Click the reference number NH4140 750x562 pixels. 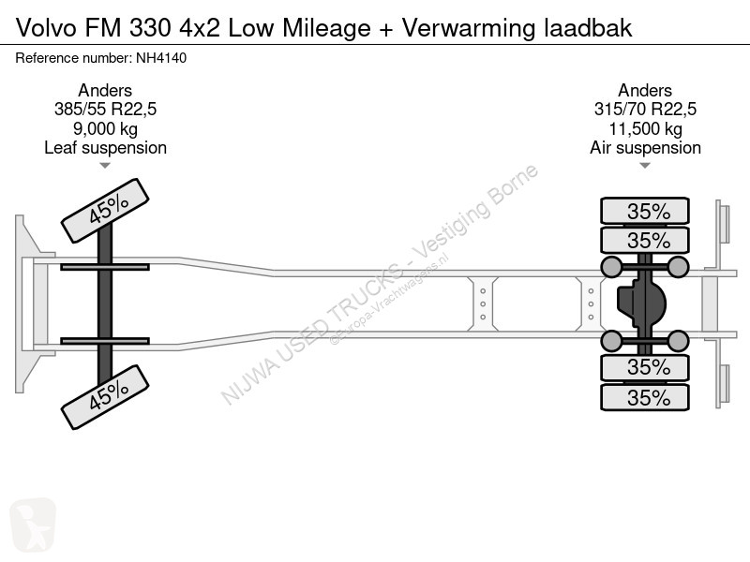coord(161,58)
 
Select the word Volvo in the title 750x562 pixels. coord(46,28)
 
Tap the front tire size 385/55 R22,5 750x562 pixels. coord(105,110)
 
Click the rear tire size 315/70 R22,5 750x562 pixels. coord(645,110)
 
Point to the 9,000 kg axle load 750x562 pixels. coord(105,128)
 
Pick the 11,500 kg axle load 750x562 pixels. coord(645,128)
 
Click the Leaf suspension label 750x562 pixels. coord(105,148)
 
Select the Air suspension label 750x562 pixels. coord(645,148)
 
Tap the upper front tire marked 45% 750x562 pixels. coord(105,210)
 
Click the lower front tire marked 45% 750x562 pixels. coord(105,396)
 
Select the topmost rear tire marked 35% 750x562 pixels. coord(645,211)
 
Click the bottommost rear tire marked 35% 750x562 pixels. coord(645,397)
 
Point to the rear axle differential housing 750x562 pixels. coord(641,303)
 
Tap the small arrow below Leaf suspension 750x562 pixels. coord(105,166)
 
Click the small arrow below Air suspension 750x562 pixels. coord(645,166)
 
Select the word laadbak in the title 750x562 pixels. coord(589,28)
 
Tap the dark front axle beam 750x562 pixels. coord(105,303)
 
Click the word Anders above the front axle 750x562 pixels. coord(105,90)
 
